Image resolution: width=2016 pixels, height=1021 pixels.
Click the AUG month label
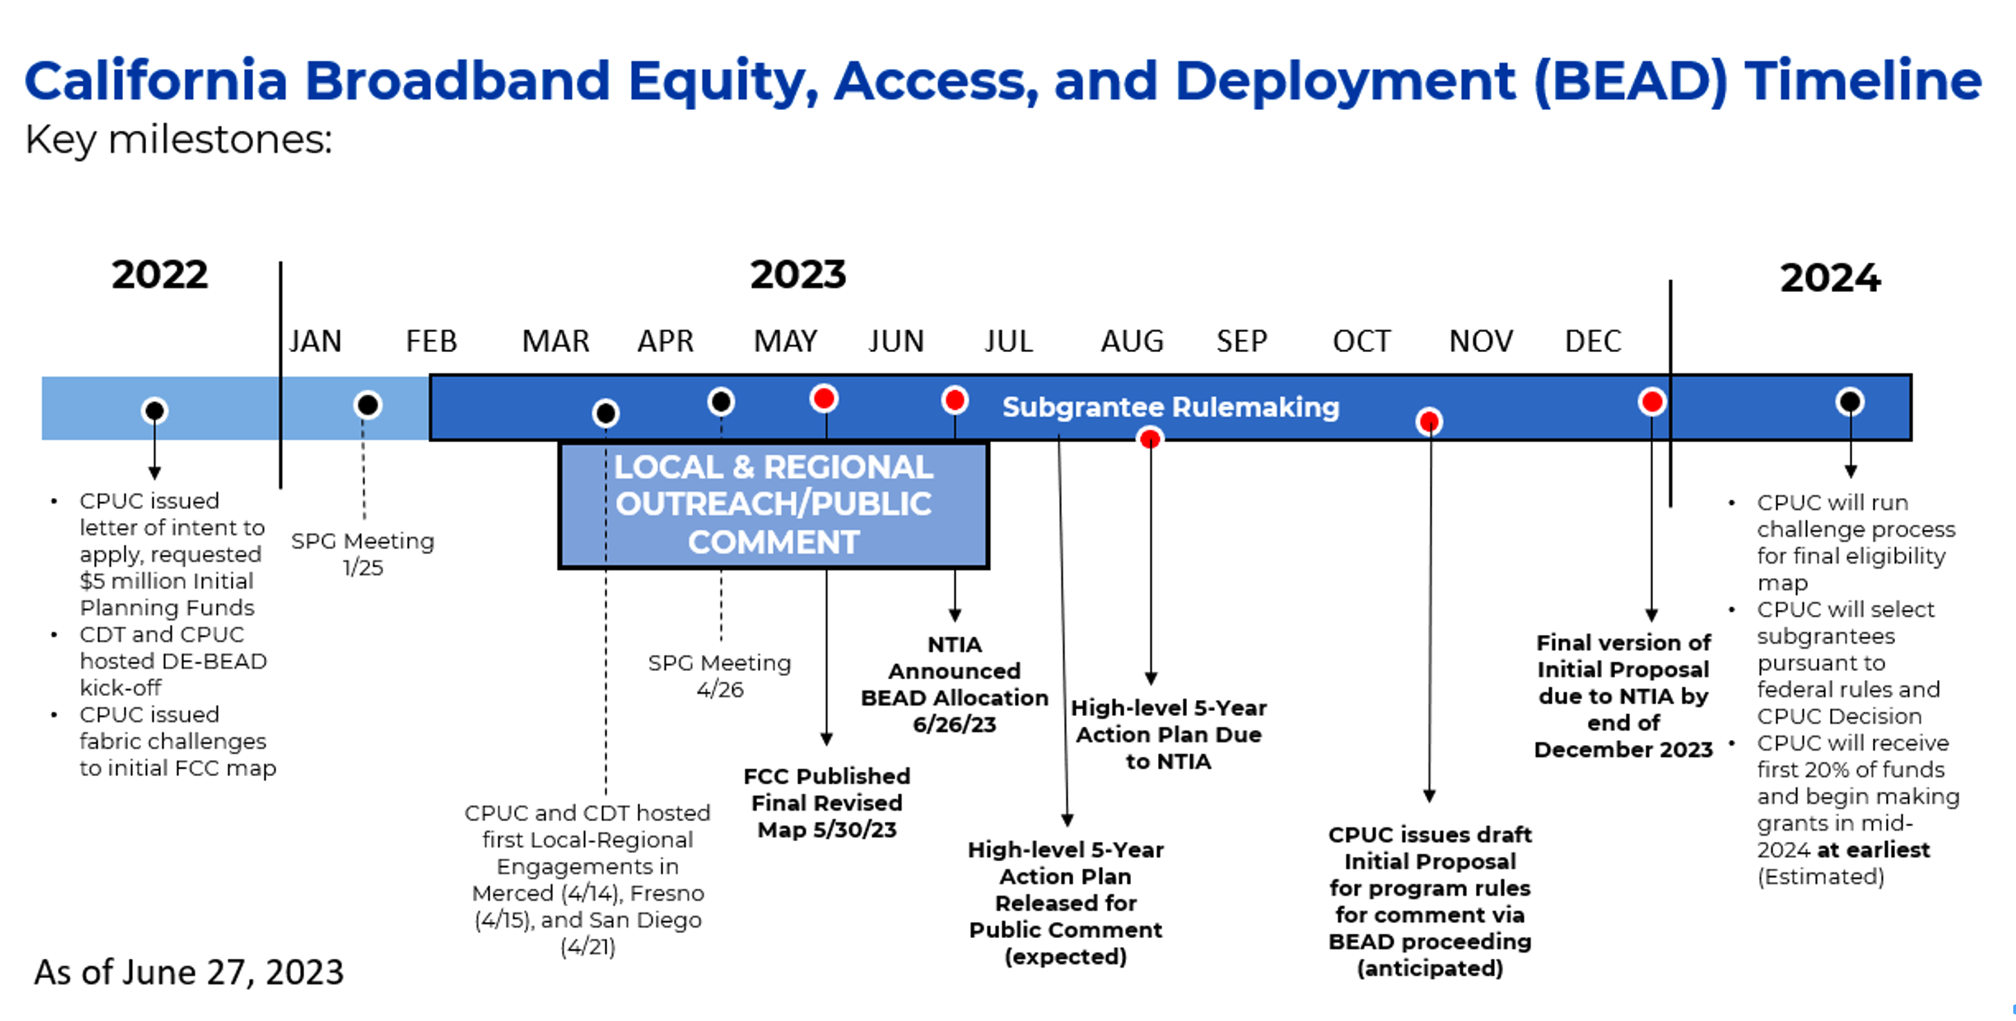coord(1132,342)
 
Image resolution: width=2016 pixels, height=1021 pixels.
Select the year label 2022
coord(160,275)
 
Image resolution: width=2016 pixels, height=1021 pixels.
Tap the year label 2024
coord(1830,278)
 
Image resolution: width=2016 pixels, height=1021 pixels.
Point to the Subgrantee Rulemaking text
coord(1170,407)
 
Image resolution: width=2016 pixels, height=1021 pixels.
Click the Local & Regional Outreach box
coord(773,505)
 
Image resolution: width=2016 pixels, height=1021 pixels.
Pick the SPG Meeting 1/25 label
coord(362,553)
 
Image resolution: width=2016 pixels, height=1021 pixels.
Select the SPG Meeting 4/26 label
coord(719,676)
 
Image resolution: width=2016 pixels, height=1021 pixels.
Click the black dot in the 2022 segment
coord(154,410)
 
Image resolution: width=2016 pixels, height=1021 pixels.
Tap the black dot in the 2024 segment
coord(1849,402)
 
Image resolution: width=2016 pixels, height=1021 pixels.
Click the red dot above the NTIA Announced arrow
coord(954,400)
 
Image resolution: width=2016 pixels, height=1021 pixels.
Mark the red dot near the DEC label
coord(1651,402)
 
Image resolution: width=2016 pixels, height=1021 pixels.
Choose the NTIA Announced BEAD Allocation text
coord(954,684)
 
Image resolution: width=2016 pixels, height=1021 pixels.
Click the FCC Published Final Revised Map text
coord(826,802)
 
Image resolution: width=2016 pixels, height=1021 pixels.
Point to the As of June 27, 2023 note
coord(189,973)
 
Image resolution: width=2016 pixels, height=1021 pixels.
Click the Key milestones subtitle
coord(178,140)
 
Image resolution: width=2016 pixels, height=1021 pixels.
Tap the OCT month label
coord(1362,342)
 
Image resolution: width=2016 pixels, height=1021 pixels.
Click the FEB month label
coord(431,342)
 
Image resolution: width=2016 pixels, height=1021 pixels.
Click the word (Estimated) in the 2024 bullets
coord(1820,877)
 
